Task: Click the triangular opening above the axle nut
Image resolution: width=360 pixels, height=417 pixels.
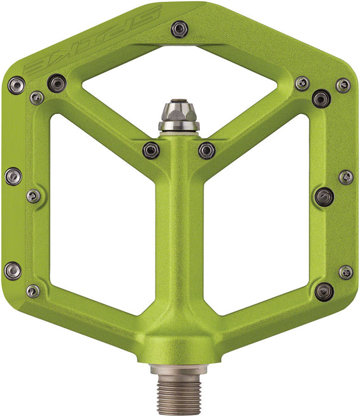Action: (x=179, y=77)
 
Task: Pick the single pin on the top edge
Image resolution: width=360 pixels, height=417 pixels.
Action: (x=179, y=27)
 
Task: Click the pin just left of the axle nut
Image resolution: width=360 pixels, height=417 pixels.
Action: (x=151, y=150)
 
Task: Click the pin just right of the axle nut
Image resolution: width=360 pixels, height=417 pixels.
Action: (x=206, y=150)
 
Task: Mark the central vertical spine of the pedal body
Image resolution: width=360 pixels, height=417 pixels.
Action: (x=179, y=238)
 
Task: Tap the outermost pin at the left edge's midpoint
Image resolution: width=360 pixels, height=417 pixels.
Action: (x=12, y=176)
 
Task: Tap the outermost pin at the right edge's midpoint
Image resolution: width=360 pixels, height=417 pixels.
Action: (x=346, y=177)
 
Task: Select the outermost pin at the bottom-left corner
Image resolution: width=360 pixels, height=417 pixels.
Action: (x=12, y=270)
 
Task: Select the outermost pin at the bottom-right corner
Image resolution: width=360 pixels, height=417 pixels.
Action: (x=346, y=272)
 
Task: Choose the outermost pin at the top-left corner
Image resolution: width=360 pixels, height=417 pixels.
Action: (x=16, y=85)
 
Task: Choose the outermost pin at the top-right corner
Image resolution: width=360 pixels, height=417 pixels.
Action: (x=343, y=85)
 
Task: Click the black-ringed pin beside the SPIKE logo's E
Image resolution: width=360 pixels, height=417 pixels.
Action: (x=57, y=83)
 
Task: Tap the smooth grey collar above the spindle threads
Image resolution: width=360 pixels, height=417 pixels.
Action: (x=179, y=371)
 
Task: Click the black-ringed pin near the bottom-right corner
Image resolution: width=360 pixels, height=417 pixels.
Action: (x=324, y=291)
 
